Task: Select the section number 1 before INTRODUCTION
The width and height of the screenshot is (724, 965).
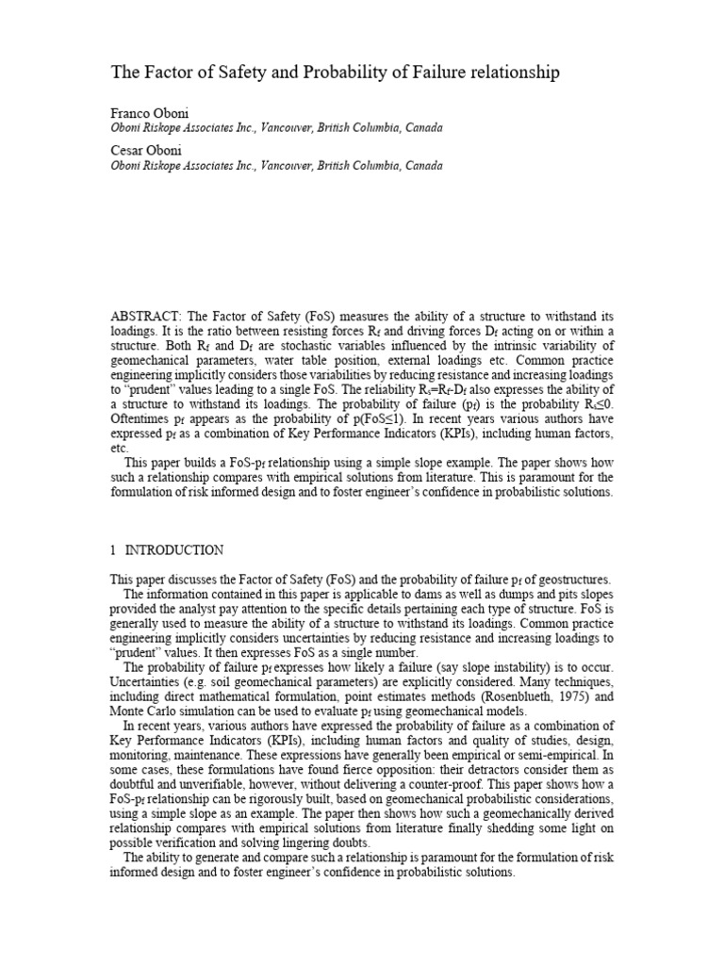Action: pos(113,549)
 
